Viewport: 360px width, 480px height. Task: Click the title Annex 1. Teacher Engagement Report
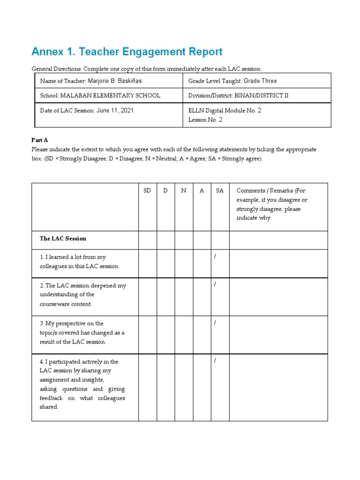tap(127, 52)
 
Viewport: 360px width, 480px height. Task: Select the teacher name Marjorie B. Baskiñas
tap(114, 81)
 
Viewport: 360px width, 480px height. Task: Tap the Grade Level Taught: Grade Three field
tap(232, 81)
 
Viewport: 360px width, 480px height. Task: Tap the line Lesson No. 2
tap(205, 120)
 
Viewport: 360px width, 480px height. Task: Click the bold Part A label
tap(40, 140)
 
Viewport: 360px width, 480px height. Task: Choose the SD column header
tap(147, 191)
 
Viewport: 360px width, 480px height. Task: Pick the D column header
tap(165, 191)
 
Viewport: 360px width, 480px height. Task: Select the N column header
tap(184, 191)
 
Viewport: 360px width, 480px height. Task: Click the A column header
tap(202, 191)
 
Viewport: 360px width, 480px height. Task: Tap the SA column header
tap(220, 191)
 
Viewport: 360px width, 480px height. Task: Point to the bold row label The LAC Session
tap(63, 239)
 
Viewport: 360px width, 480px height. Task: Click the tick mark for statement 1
tap(215, 256)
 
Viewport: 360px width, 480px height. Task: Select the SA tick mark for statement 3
tap(215, 323)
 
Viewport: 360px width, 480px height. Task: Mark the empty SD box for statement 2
tap(147, 296)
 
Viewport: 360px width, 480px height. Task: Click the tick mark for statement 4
tap(215, 361)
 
